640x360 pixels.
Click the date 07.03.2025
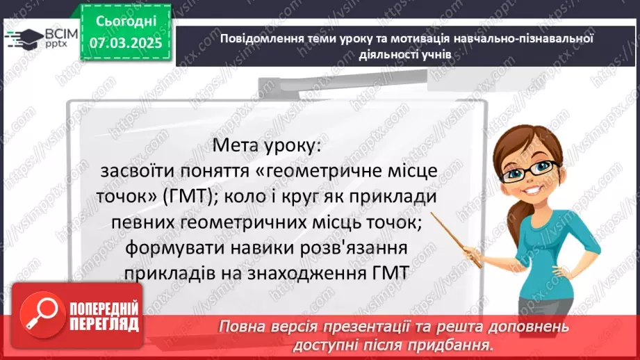click(x=126, y=43)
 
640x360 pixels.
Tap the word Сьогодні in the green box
click(x=126, y=22)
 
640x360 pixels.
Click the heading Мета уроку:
click(x=267, y=145)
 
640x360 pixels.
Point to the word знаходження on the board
click(x=307, y=274)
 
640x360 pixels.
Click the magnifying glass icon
click(x=43, y=313)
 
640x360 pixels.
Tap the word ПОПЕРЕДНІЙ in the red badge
click(x=104, y=309)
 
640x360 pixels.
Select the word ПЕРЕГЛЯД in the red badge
click(x=104, y=325)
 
